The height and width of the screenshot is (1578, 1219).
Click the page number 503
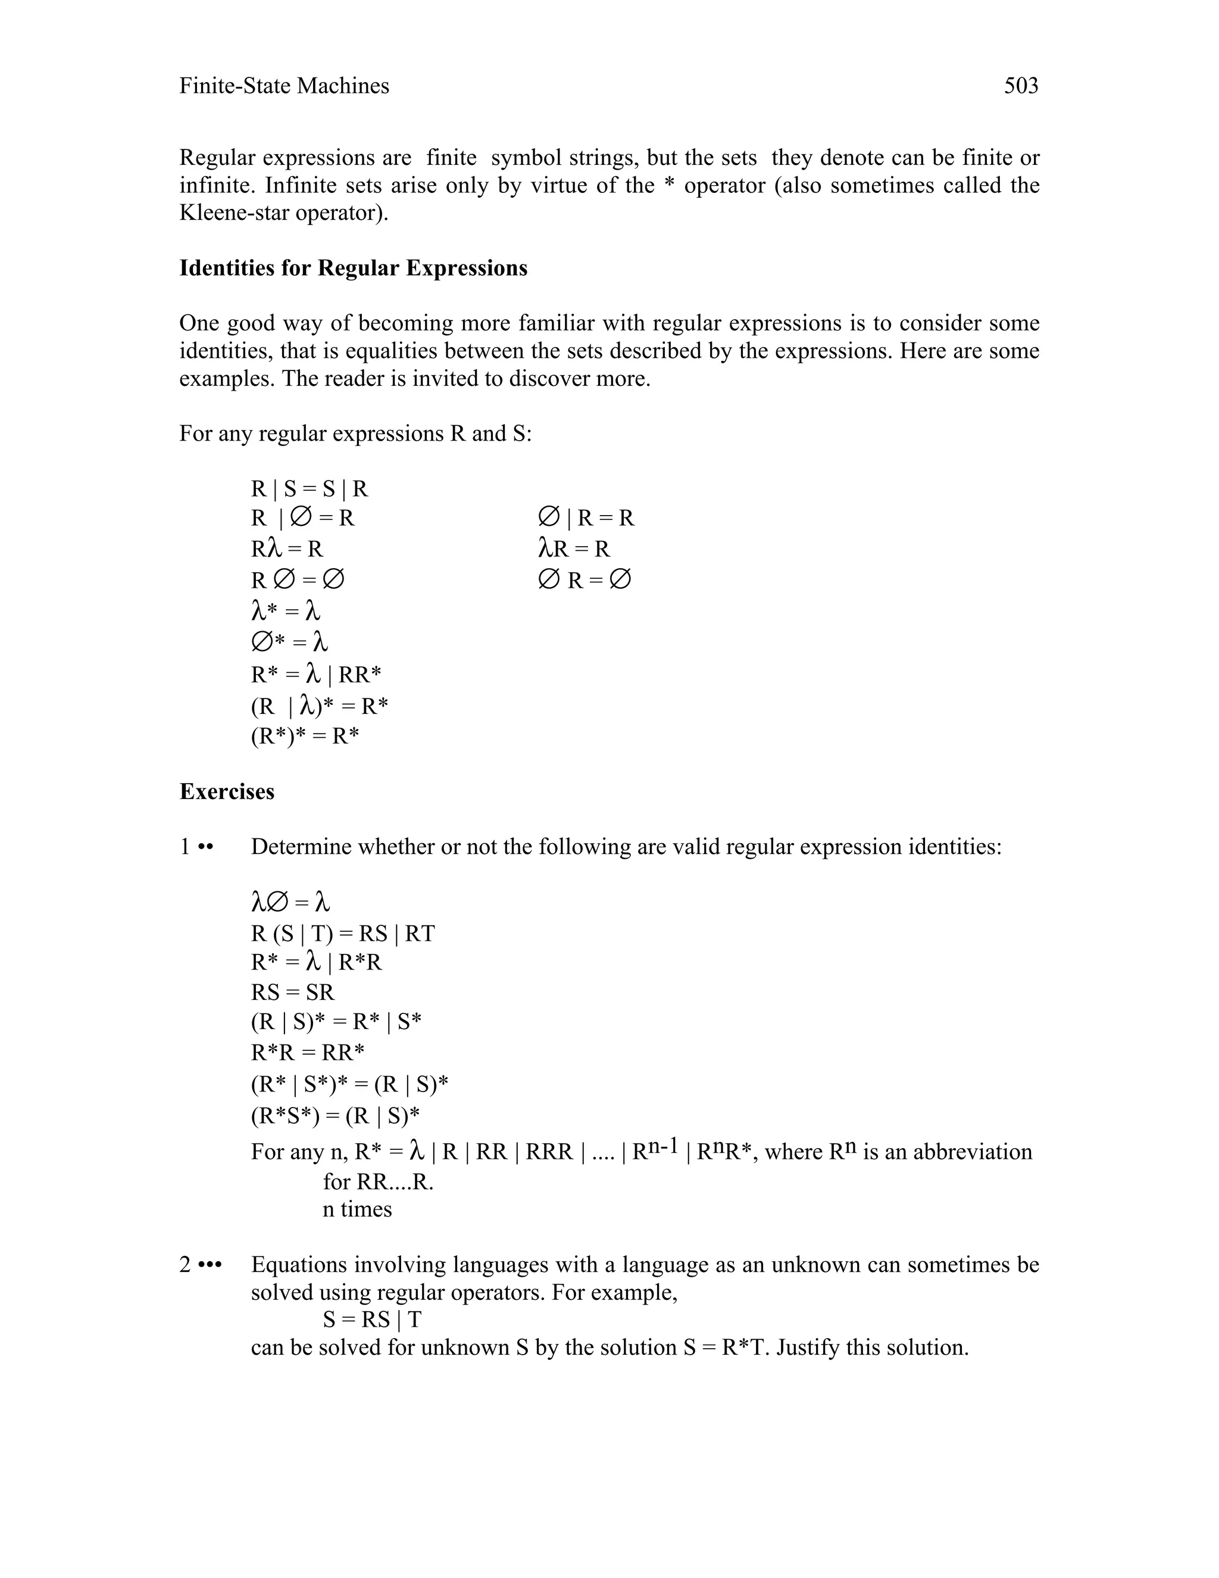(x=1020, y=86)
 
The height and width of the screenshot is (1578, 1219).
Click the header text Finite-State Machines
(x=284, y=86)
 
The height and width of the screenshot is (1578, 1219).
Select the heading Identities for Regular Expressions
(x=353, y=268)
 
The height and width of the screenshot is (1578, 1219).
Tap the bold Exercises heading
(x=227, y=791)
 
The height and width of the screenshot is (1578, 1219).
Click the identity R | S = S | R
(x=309, y=489)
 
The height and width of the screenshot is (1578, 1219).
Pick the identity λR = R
(x=574, y=549)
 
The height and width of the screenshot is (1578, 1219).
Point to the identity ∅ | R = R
(x=586, y=518)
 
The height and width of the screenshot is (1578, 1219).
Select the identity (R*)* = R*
(x=305, y=736)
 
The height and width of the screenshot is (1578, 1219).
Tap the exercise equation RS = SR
(x=292, y=992)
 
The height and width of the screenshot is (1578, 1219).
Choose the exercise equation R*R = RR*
(x=308, y=1052)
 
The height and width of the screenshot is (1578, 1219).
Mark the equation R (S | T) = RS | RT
(x=342, y=934)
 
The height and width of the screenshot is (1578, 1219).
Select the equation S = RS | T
(x=372, y=1320)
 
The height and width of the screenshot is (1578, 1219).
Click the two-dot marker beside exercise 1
(x=206, y=847)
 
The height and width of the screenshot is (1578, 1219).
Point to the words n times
(x=357, y=1209)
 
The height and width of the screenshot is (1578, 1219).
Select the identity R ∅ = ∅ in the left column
(x=298, y=580)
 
